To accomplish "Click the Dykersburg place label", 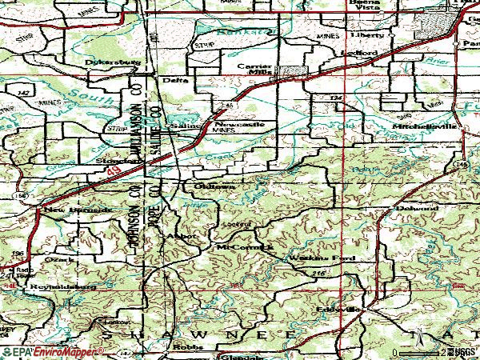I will pos(107,62).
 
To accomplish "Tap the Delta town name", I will pos(174,80).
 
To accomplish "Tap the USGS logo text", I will pos(462,351).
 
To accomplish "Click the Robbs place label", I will pos(186,349).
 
